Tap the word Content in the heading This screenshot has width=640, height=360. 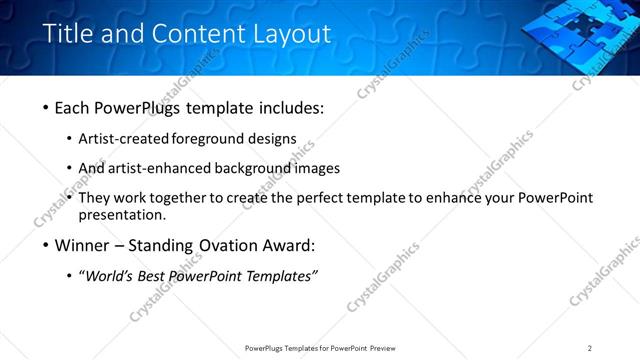[195, 33]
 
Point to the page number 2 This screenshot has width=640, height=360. [589, 348]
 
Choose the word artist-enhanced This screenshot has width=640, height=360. [153, 168]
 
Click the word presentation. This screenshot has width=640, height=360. [122, 215]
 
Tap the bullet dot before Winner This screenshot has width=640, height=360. [47, 245]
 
